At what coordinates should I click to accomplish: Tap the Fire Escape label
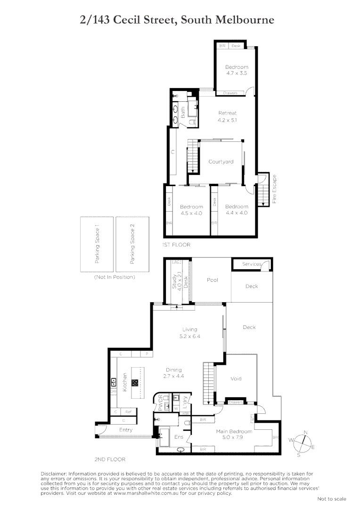tap(274, 189)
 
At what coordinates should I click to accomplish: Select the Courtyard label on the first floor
tap(221, 162)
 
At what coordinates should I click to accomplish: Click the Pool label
tap(213, 280)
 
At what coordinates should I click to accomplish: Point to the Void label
tap(236, 378)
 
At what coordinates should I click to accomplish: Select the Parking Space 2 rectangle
tap(132, 244)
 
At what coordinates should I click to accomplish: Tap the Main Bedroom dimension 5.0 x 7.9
tap(234, 437)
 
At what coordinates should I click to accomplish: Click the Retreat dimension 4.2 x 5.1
tap(227, 120)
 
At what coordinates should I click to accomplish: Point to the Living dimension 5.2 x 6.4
tap(190, 337)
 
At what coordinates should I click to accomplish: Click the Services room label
tap(251, 264)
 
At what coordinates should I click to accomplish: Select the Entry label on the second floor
tap(126, 430)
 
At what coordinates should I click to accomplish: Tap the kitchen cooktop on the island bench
tap(135, 383)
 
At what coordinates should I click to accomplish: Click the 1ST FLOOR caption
tap(176, 245)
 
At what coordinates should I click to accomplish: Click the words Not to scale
tap(331, 499)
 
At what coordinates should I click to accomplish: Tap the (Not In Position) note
tap(115, 277)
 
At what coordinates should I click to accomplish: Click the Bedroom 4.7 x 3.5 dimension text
tap(237, 74)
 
